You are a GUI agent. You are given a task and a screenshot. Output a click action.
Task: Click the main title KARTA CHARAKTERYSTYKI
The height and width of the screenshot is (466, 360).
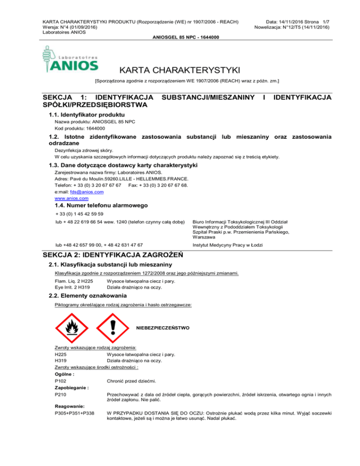coord(180,70)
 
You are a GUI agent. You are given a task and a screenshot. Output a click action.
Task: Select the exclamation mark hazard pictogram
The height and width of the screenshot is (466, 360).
coord(113,328)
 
